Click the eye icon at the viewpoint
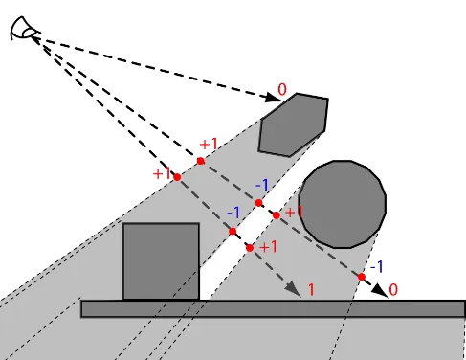24,31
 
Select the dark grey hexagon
295,124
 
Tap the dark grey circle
343,204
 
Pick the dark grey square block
161,260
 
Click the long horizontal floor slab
273,308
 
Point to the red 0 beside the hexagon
281,90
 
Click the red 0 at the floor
393,288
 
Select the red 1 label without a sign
311,288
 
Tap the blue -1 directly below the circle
377,266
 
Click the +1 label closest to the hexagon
208,145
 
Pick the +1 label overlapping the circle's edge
294,211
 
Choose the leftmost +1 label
161,174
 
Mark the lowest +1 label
268,246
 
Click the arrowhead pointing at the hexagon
270,96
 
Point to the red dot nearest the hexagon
201,161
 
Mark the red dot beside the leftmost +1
177,177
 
